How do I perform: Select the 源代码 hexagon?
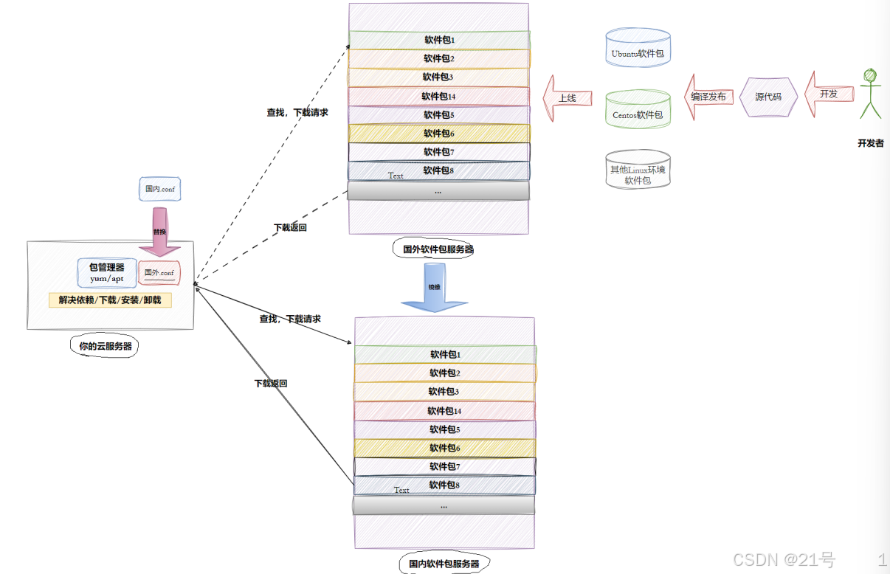point(768,97)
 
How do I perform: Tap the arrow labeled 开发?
point(828,94)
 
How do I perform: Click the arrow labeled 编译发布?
point(708,97)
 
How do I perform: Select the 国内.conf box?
point(159,189)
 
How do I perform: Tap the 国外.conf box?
point(159,273)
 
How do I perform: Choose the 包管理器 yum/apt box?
point(107,272)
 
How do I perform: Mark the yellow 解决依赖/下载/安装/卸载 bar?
point(110,300)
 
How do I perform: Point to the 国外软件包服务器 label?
point(438,249)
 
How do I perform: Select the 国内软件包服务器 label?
point(444,564)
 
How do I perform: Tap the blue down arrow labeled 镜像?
point(435,291)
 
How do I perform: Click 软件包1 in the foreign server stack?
point(439,40)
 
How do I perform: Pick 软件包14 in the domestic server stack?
point(444,411)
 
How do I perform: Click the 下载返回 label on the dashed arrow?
point(290,227)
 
